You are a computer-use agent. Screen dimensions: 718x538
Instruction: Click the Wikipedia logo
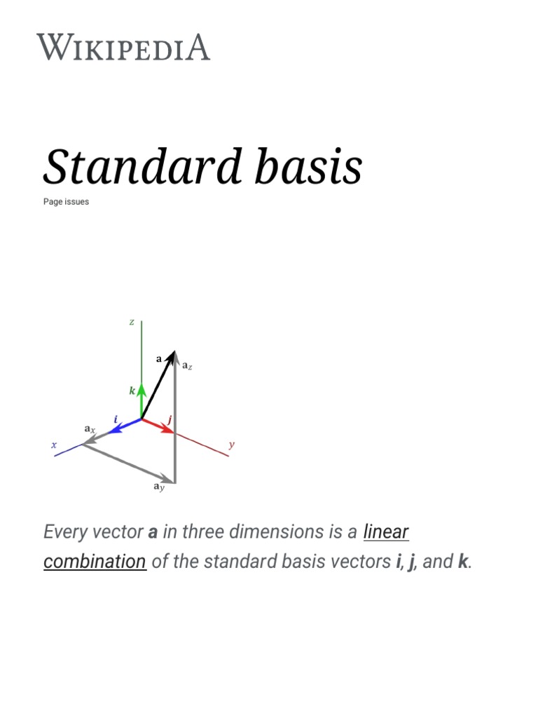point(123,48)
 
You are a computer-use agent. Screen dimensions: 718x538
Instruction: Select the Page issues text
point(66,202)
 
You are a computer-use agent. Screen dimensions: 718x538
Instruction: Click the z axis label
point(132,322)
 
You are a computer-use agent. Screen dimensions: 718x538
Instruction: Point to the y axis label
point(232,445)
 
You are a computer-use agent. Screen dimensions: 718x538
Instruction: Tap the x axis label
point(53,445)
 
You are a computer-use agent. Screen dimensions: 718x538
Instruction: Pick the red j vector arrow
point(159,426)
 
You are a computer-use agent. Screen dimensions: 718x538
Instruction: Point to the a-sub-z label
point(187,365)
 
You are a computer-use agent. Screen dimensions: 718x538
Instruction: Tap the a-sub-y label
point(159,487)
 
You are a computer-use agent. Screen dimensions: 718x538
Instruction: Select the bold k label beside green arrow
point(132,391)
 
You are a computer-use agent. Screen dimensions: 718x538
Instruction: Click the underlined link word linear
point(386,531)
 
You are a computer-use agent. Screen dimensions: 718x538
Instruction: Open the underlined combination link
point(95,562)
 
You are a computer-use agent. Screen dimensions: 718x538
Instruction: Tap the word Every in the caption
point(64,531)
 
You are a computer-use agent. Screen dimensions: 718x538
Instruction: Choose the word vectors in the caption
point(356,562)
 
